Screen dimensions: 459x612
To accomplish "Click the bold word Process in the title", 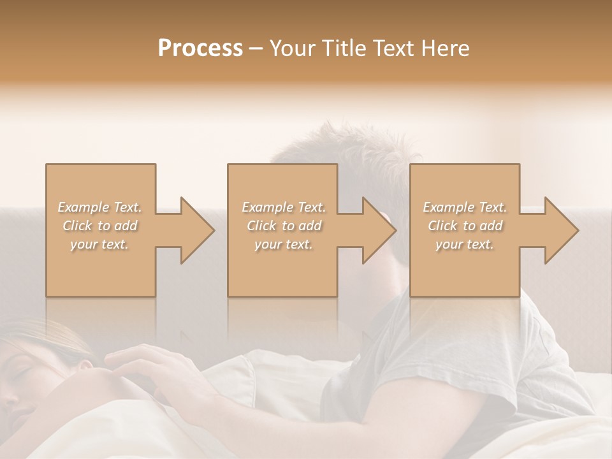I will coord(200,48).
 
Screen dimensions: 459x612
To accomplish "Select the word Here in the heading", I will coord(446,48).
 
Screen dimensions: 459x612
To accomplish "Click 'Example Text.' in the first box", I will coord(99,207).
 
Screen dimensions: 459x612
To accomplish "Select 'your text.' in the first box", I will coord(99,244).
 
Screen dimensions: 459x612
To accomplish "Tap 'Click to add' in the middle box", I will coord(283,226).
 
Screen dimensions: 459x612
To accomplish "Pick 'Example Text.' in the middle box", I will coord(283,207).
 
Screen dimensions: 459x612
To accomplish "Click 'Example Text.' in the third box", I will coord(465,207).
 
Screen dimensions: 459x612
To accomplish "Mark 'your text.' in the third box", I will coord(465,244).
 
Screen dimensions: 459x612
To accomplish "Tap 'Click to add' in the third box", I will coord(465,226).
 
